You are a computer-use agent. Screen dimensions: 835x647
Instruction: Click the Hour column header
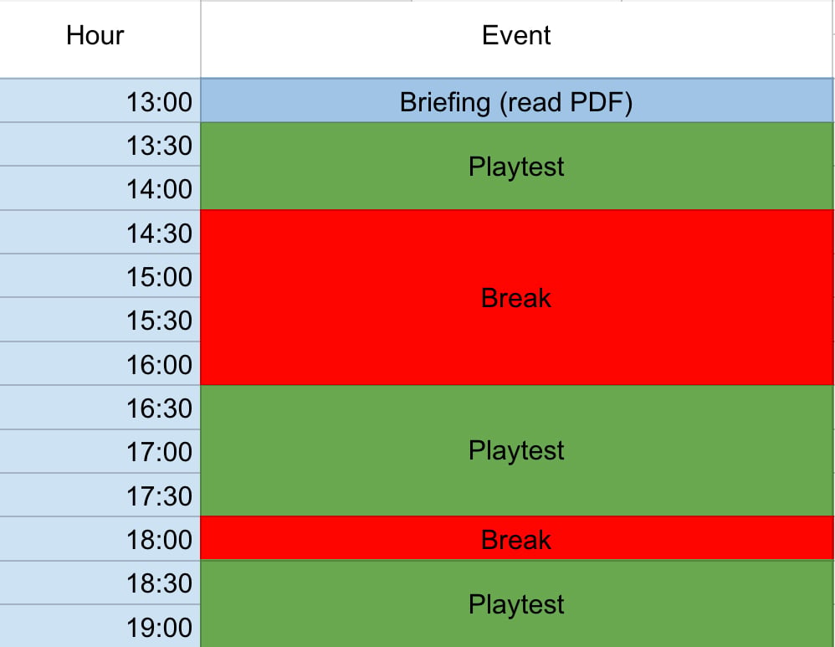[95, 36]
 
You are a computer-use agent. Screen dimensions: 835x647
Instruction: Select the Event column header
[516, 36]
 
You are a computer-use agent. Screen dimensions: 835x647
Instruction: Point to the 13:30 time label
[159, 146]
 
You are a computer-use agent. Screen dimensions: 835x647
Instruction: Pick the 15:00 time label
[159, 277]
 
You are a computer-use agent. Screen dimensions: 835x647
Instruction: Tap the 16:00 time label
[159, 365]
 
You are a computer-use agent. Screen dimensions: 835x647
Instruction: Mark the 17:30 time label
[159, 496]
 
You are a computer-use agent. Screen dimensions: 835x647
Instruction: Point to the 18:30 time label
[159, 583]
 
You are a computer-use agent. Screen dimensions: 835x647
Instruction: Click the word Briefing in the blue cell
[445, 103]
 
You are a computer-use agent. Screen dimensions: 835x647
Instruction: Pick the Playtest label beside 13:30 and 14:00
[516, 167]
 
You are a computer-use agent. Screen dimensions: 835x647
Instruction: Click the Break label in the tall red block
[516, 298]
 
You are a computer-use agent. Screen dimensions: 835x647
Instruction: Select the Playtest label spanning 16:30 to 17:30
[516, 451]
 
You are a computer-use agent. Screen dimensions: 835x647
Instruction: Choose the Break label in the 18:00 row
[516, 540]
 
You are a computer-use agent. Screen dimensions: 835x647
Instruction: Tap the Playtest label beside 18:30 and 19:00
[516, 605]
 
